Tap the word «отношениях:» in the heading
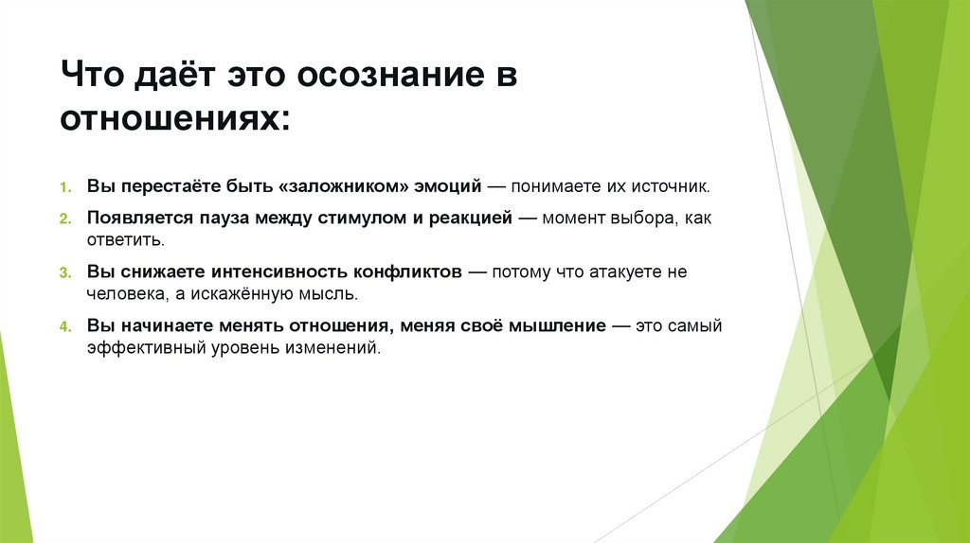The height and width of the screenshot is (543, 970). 177,120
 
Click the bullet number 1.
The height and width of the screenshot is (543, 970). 66,186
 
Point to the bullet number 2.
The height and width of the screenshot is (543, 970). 66,219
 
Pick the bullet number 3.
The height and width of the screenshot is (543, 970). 66,272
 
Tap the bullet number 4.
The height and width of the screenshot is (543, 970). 66,326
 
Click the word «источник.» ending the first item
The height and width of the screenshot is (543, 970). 674,185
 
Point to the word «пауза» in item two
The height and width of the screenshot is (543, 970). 222,218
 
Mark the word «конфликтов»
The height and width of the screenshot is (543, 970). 404,271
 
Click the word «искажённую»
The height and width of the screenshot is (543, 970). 236,294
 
